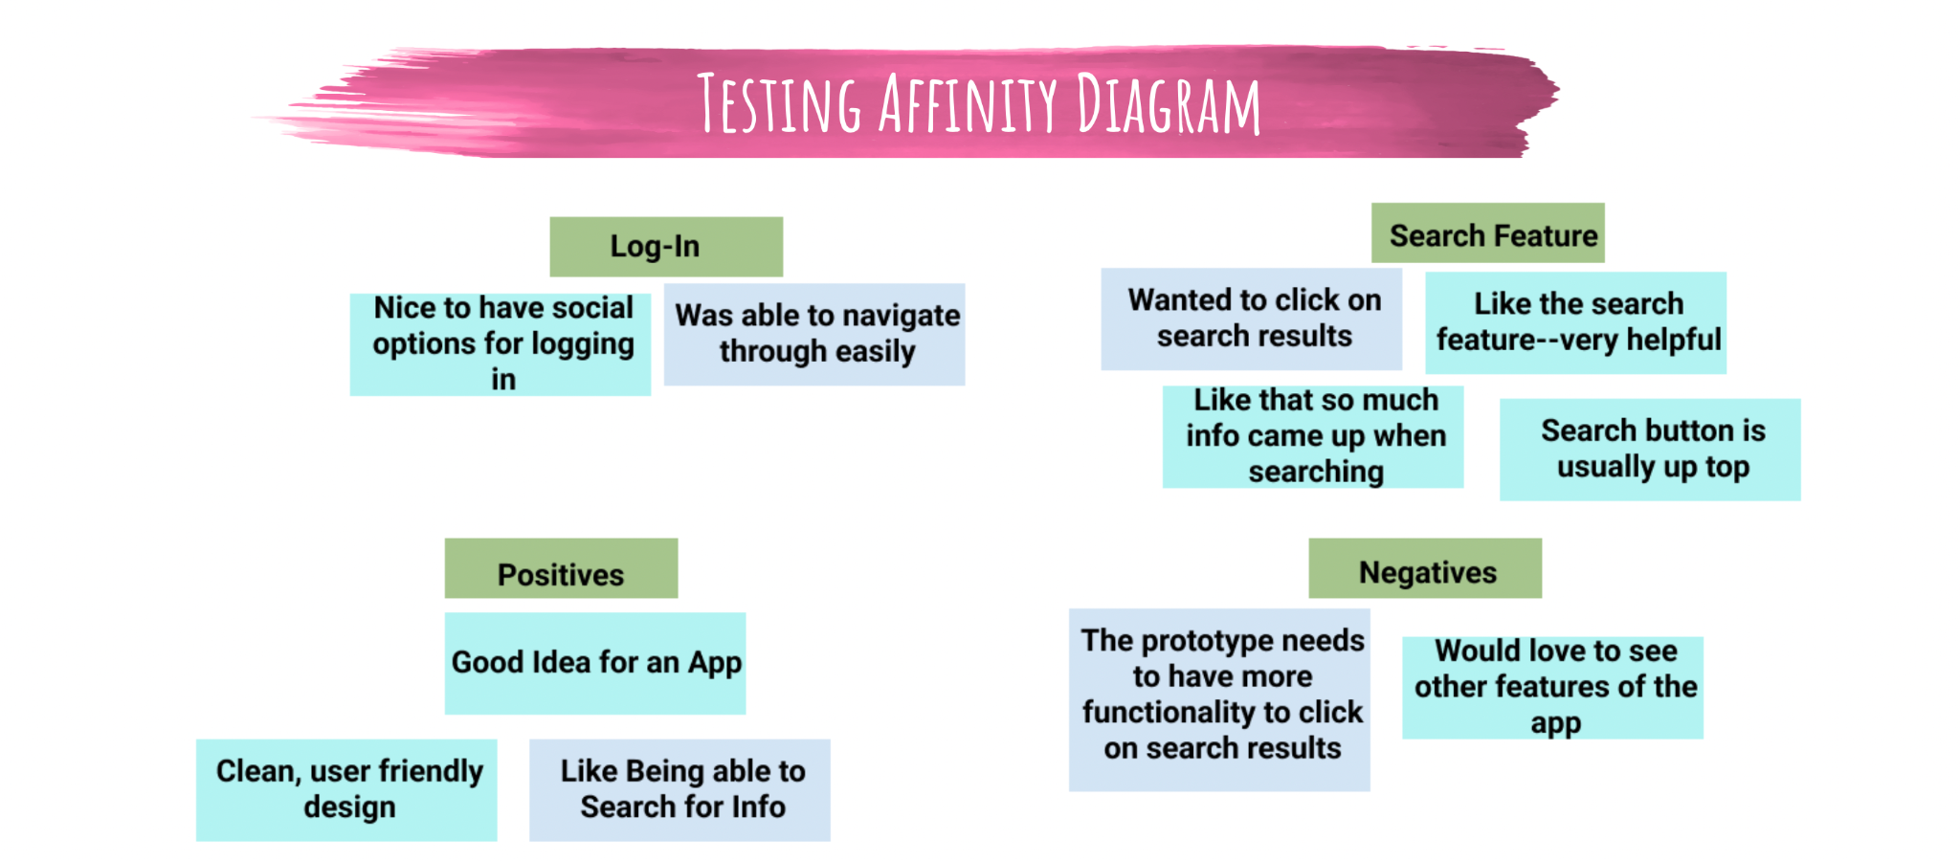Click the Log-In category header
tap(666, 247)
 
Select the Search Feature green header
tap(1487, 232)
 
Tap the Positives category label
tap(561, 568)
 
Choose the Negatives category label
tap(1425, 568)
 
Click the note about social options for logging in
tap(501, 344)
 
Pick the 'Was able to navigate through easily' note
tap(814, 334)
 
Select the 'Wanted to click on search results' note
tap(1252, 319)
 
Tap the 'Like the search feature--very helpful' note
tap(1575, 322)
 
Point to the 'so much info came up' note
tap(1313, 436)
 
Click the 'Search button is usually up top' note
tap(1650, 450)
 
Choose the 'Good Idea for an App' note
tap(595, 663)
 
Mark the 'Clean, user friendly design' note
tap(346, 790)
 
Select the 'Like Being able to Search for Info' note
tap(679, 790)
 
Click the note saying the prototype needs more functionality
tap(1219, 700)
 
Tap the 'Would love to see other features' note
tap(1552, 688)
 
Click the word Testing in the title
tap(779, 103)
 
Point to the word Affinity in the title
tap(969, 103)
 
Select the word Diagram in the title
tap(1169, 103)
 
